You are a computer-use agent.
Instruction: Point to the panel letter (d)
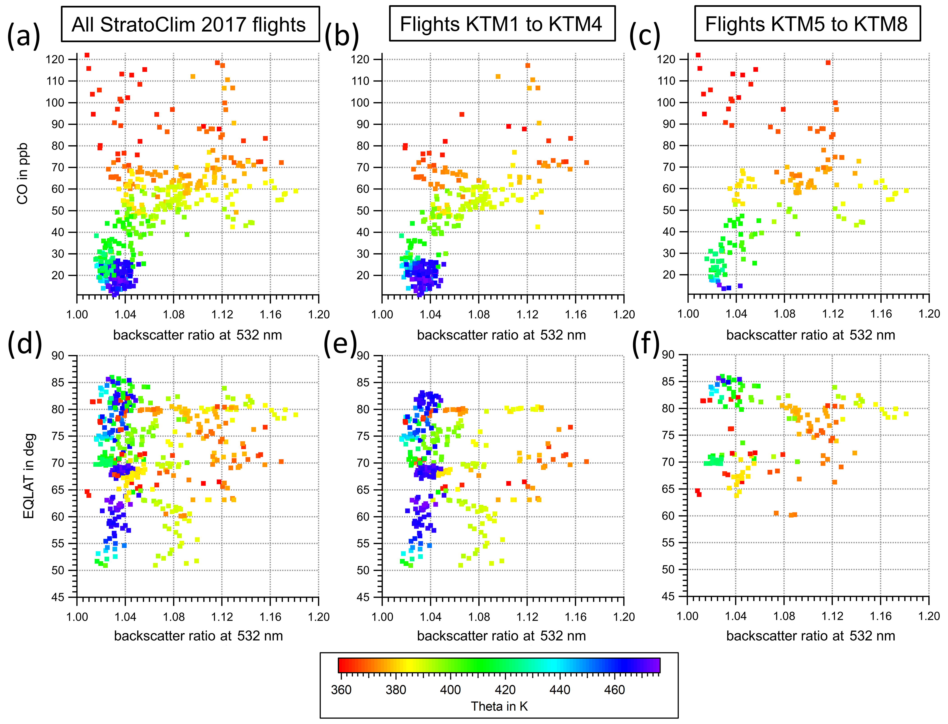25,344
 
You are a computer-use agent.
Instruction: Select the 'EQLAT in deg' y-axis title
28,476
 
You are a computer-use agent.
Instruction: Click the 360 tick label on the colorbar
341,690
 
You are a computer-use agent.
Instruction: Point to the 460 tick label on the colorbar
614,690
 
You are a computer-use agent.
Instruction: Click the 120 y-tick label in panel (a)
55,60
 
